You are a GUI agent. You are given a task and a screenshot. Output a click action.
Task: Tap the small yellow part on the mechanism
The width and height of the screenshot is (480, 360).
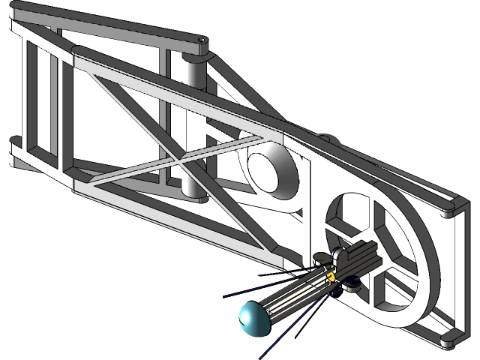(x=330, y=275)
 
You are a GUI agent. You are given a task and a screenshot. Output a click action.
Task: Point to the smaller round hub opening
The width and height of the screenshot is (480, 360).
(x=268, y=169)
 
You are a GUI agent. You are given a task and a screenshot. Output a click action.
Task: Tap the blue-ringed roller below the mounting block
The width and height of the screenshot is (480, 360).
(x=350, y=284)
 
